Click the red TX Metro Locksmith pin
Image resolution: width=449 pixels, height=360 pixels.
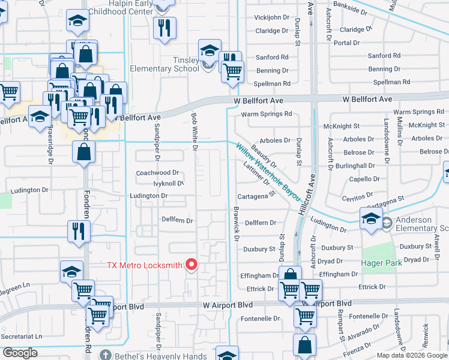(192, 264)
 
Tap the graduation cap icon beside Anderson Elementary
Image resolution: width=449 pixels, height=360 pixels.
(371, 219)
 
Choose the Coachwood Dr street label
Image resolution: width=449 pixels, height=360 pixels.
(158, 173)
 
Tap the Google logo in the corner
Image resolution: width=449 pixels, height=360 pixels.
(20, 353)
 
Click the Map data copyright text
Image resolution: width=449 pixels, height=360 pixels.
(412, 355)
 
